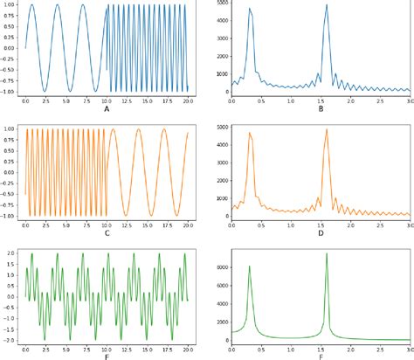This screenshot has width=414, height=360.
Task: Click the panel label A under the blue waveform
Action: [x=107, y=110]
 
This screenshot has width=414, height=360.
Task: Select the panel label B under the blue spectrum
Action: [x=321, y=110]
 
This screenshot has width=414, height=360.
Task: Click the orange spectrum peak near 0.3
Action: [x=250, y=133]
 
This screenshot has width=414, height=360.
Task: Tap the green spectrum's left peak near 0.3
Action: [x=250, y=266]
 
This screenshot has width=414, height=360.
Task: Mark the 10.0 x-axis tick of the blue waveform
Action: [x=106, y=100]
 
